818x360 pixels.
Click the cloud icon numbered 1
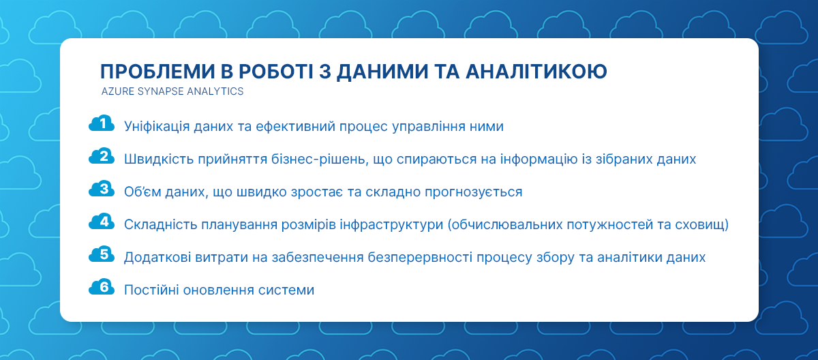click(x=102, y=123)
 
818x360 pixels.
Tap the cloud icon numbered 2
click(x=102, y=156)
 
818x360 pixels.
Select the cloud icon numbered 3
click(x=102, y=189)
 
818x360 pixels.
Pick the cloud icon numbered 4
click(x=102, y=222)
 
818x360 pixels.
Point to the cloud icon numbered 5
click(x=102, y=254)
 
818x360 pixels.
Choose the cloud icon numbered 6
click(x=102, y=286)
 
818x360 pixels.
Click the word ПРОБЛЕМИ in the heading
click(x=157, y=71)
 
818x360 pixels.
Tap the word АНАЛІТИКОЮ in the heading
click(x=536, y=71)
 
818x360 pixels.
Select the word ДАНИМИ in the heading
click(x=382, y=72)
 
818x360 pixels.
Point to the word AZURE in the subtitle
click(x=117, y=91)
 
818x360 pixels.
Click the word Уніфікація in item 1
click(x=157, y=127)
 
